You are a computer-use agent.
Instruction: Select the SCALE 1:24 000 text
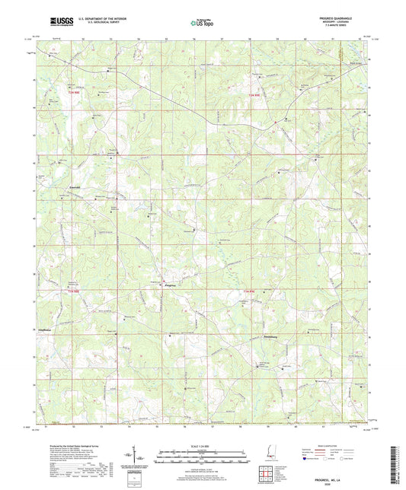coord(202,445)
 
